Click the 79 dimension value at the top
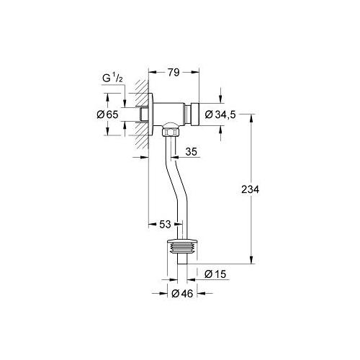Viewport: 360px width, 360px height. (x=173, y=72)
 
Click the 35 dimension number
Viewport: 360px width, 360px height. (x=191, y=152)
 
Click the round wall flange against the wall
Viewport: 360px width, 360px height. (x=151, y=114)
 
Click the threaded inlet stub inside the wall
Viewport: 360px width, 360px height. (x=140, y=114)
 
